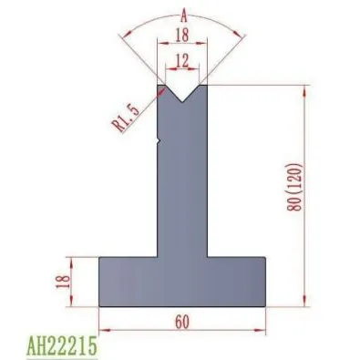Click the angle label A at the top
[184, 15]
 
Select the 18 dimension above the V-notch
[182, 35]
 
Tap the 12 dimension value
[182, 61]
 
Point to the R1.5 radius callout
[126, 118]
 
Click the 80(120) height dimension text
[294, 187]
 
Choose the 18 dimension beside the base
[63, 282]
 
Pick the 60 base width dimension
[182, 322]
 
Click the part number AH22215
[62, 345]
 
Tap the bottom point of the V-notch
[182, 102]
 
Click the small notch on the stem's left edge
[159, 140]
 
